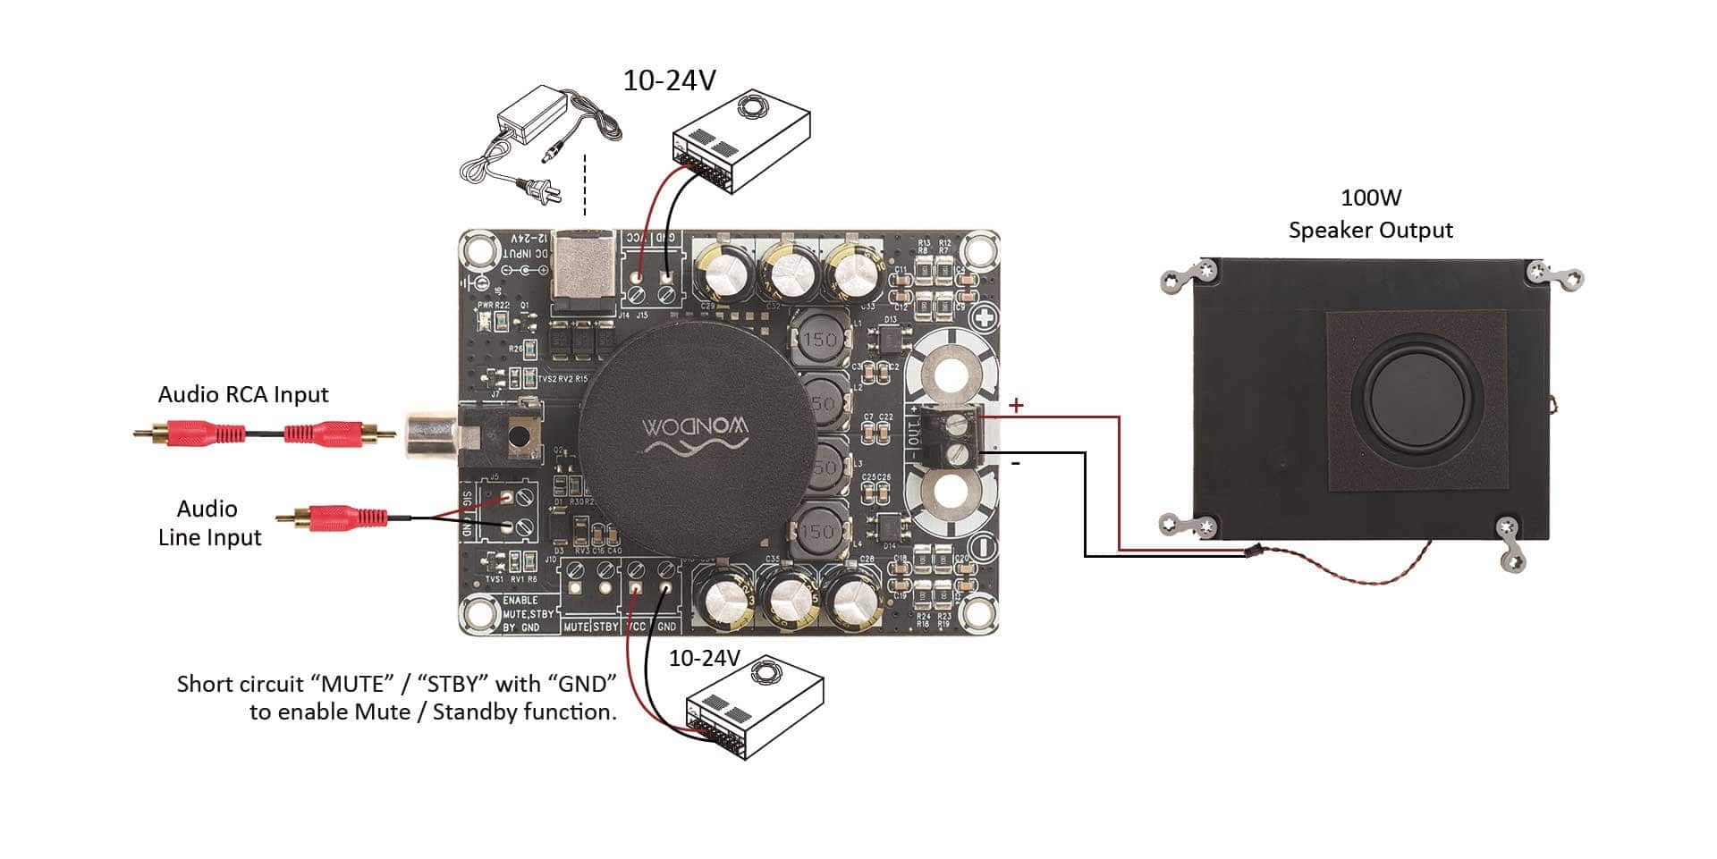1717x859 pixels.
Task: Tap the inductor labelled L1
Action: pyautogui.click(x=818, y=339)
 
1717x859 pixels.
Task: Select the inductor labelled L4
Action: pyautogui.click(x=817, y=532)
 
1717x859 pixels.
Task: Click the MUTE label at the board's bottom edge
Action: pyautogui.click(x=576, y=627)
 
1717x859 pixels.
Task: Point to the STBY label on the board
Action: pyautogui.click(x=605, y=627)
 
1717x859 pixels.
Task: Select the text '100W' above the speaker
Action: pyautogui.click(x=1370, y=198)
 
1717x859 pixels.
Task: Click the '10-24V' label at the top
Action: pyautogui.click(x=669, y=80)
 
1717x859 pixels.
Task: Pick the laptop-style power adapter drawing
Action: pyautogui.click(x=537, y=134)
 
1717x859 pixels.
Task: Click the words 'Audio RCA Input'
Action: pyautogui.click(x=243, y=394)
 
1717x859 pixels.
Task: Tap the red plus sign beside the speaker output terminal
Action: pyautogui.click(x=1016, y=406)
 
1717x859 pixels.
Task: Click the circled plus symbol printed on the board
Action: pyautogui.click(x=985, y=318)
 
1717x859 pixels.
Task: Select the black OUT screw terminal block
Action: pyautogui.click(x=951, y=436)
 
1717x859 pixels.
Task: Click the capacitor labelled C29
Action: pyautogui.click(x=726, y=272)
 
